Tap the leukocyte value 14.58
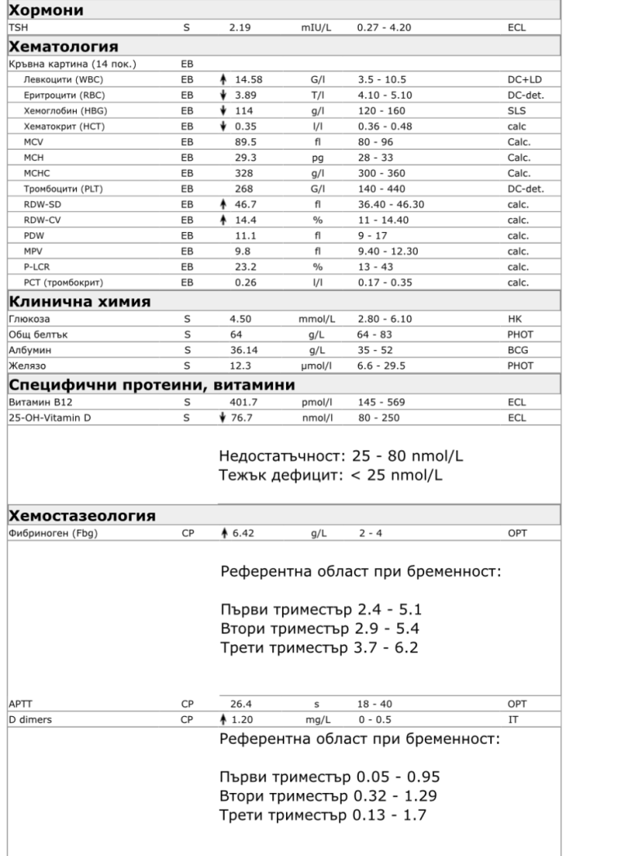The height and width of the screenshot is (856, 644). pos(248,79)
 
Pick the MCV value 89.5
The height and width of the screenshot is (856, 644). pos(246,141)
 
